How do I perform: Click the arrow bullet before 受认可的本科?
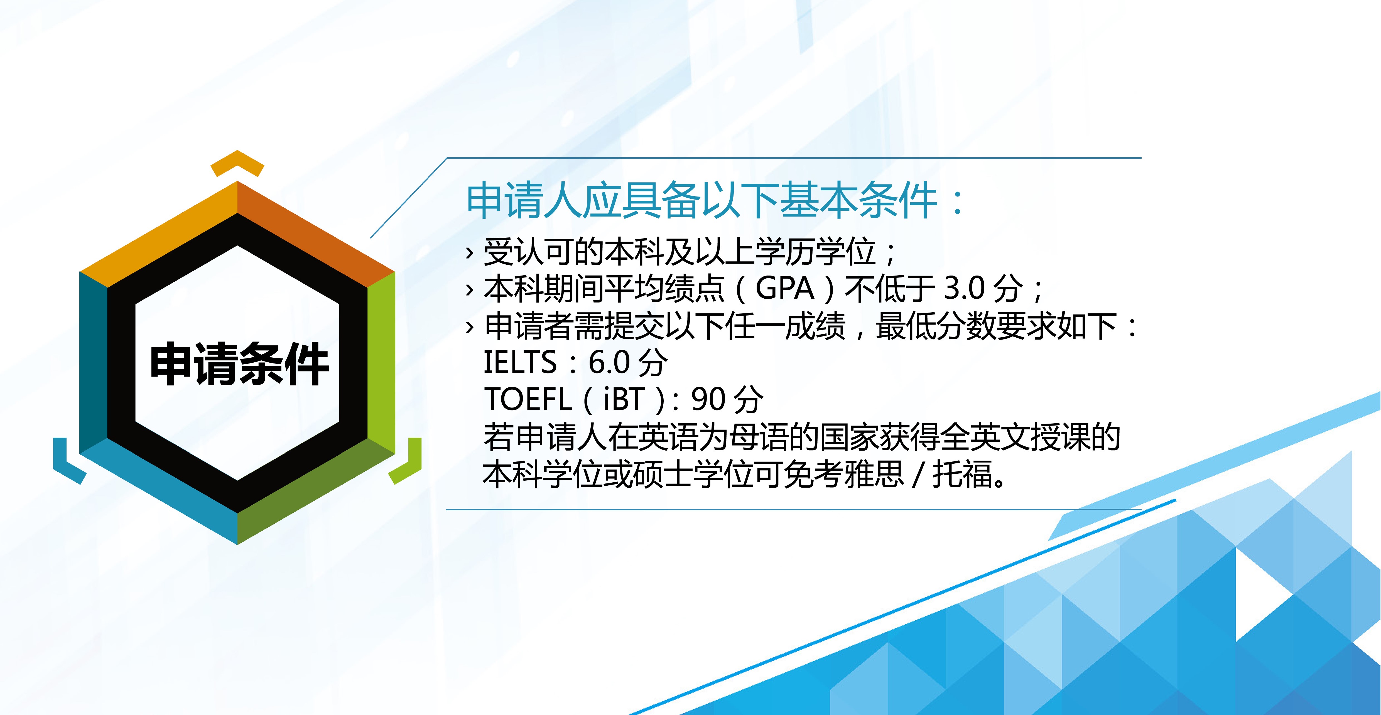click(x=470, y=252)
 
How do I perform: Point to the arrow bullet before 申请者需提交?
click(x=470, y=327)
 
